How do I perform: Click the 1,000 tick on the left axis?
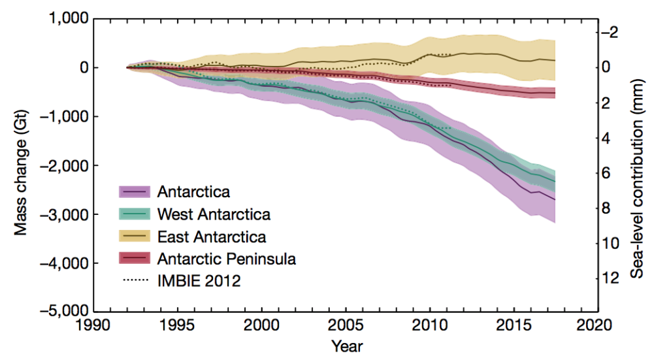67,20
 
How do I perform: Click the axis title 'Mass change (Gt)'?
21,165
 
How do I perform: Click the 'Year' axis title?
346,346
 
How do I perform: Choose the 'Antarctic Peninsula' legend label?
226,259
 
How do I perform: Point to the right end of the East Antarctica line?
555,60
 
